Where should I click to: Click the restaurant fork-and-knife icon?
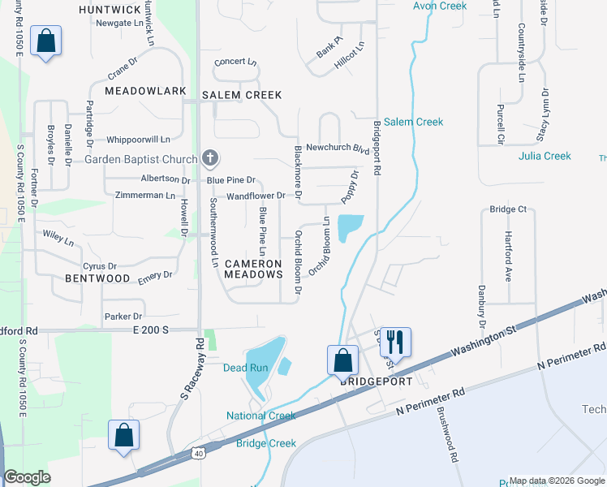pos(395,341)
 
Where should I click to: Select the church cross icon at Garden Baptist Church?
pos(210,157)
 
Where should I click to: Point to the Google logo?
pos(27,478)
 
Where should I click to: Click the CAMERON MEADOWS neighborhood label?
pos(252,269)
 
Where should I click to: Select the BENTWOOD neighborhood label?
pos(97,278)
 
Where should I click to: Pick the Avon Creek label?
pos(440,6)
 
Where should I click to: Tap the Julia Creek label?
pos(545,156)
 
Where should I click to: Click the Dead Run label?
pos(245,368)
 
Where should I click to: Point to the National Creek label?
pos(260,416)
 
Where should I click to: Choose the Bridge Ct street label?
pos(508,209)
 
